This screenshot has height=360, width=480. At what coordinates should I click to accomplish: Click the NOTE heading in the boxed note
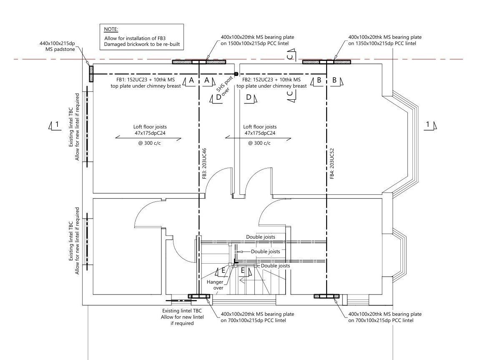coord(111,29)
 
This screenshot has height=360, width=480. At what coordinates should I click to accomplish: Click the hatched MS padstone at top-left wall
coord(90,74)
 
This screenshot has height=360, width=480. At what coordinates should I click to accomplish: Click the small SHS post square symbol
coord(236,74)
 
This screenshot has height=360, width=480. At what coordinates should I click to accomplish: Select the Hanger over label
coord(215,285)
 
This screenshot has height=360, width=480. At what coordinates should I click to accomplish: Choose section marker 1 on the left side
coord(55,124)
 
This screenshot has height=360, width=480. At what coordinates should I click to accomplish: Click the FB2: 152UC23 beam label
coord(271,83)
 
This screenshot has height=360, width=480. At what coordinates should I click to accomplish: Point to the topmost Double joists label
coord(260,237)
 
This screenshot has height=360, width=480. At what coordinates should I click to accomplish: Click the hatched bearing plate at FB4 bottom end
coord(327,297)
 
